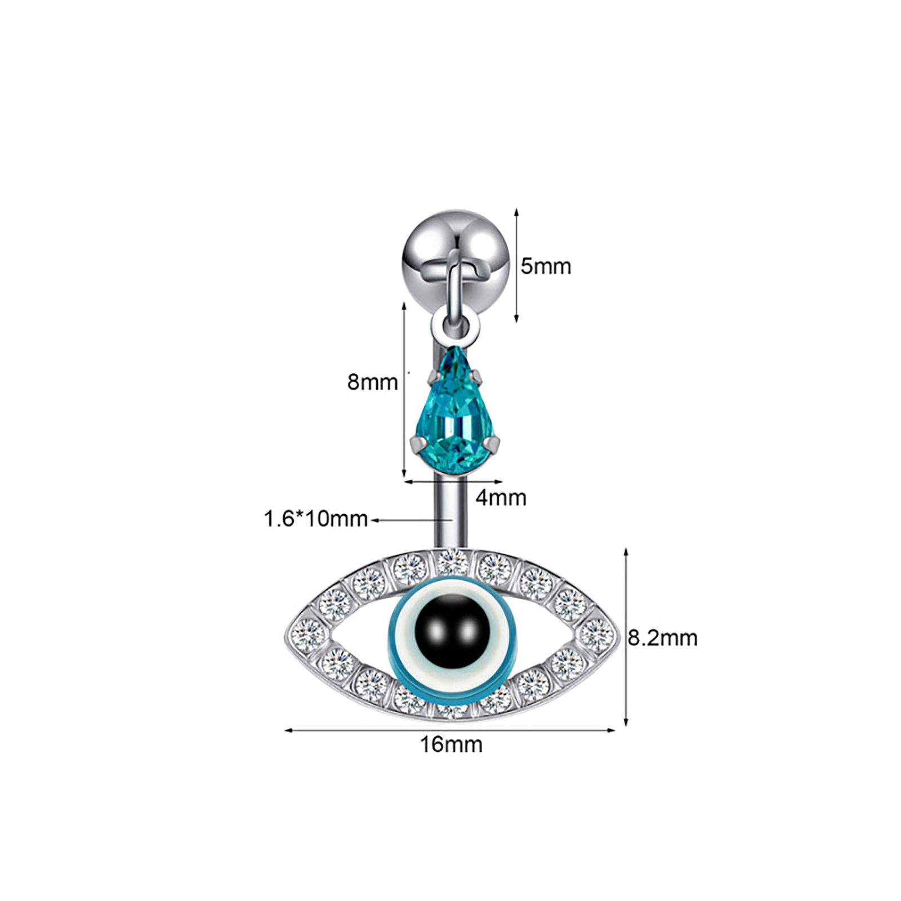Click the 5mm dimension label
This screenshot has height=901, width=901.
pyautogui.click(x=545, y=266)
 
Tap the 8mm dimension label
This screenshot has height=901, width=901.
pyautogui.click(x=373, y=382)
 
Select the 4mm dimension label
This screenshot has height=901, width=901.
pyautogui.click(x=501, y=498)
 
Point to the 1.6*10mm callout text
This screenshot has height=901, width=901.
pyautogui.click(x=315, y=519)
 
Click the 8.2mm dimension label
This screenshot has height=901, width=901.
pyautogui.click(x=662, y=638)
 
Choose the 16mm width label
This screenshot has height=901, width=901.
pyautogui.click(x=451, y=744)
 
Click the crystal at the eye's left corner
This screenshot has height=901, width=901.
pyautogui.click(x=308, y=634)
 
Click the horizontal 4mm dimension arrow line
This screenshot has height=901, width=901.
pyautogui.click(x=453, y=481)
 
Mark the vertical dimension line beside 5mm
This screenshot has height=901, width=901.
pyautogui.click(x=517, y=265)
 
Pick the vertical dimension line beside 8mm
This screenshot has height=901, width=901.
pyautogui.click(x=404, y=390)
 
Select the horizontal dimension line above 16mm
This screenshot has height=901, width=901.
pyautogui.click(x=450, y=730)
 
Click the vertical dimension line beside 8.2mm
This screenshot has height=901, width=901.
pyautogui.click(x=626, y=637)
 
